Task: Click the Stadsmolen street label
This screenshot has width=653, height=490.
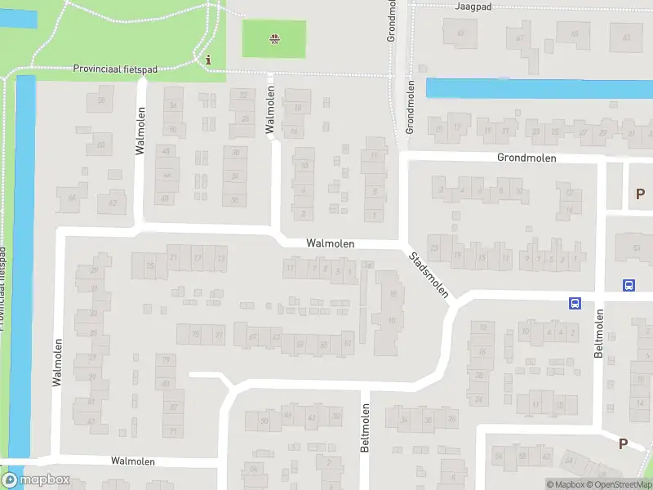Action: [x=429, y=274]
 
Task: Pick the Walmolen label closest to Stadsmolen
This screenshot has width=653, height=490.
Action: [x=330, y=243]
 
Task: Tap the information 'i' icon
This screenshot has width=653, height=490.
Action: [x=209, y=60]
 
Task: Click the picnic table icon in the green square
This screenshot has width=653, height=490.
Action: [x=274, y=38]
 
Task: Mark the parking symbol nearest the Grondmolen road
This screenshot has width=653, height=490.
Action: [x=639, y=194]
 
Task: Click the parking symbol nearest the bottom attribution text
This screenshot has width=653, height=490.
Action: [x=623, y=443]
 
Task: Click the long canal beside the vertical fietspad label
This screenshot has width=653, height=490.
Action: [x=24, y=261]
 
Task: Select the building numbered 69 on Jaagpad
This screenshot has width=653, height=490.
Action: [x=461, y=33]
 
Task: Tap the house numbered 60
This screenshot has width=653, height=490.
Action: [x=101, y=145]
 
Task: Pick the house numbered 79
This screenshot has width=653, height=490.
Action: [x=166, y=359]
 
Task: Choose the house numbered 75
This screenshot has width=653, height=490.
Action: [x=195, y=334]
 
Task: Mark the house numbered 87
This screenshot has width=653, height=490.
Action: [x=173, y=407]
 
